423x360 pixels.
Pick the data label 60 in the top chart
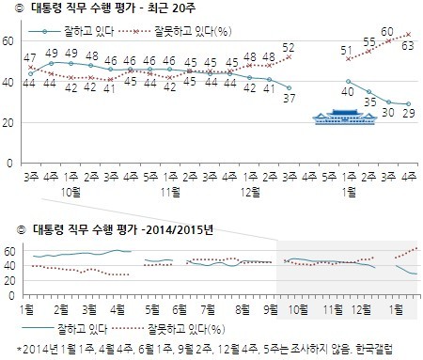tap(387, 32)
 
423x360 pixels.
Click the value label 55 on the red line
tap(369, 42)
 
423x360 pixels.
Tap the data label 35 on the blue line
tap(368, 101)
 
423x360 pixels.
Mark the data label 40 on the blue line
tap(349, 91)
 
